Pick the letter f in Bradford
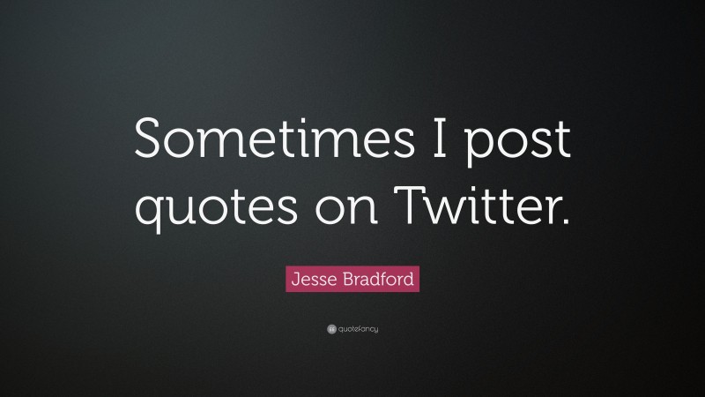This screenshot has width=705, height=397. (x=384, y=280)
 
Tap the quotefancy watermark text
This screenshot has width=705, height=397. (x=358, y=329)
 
